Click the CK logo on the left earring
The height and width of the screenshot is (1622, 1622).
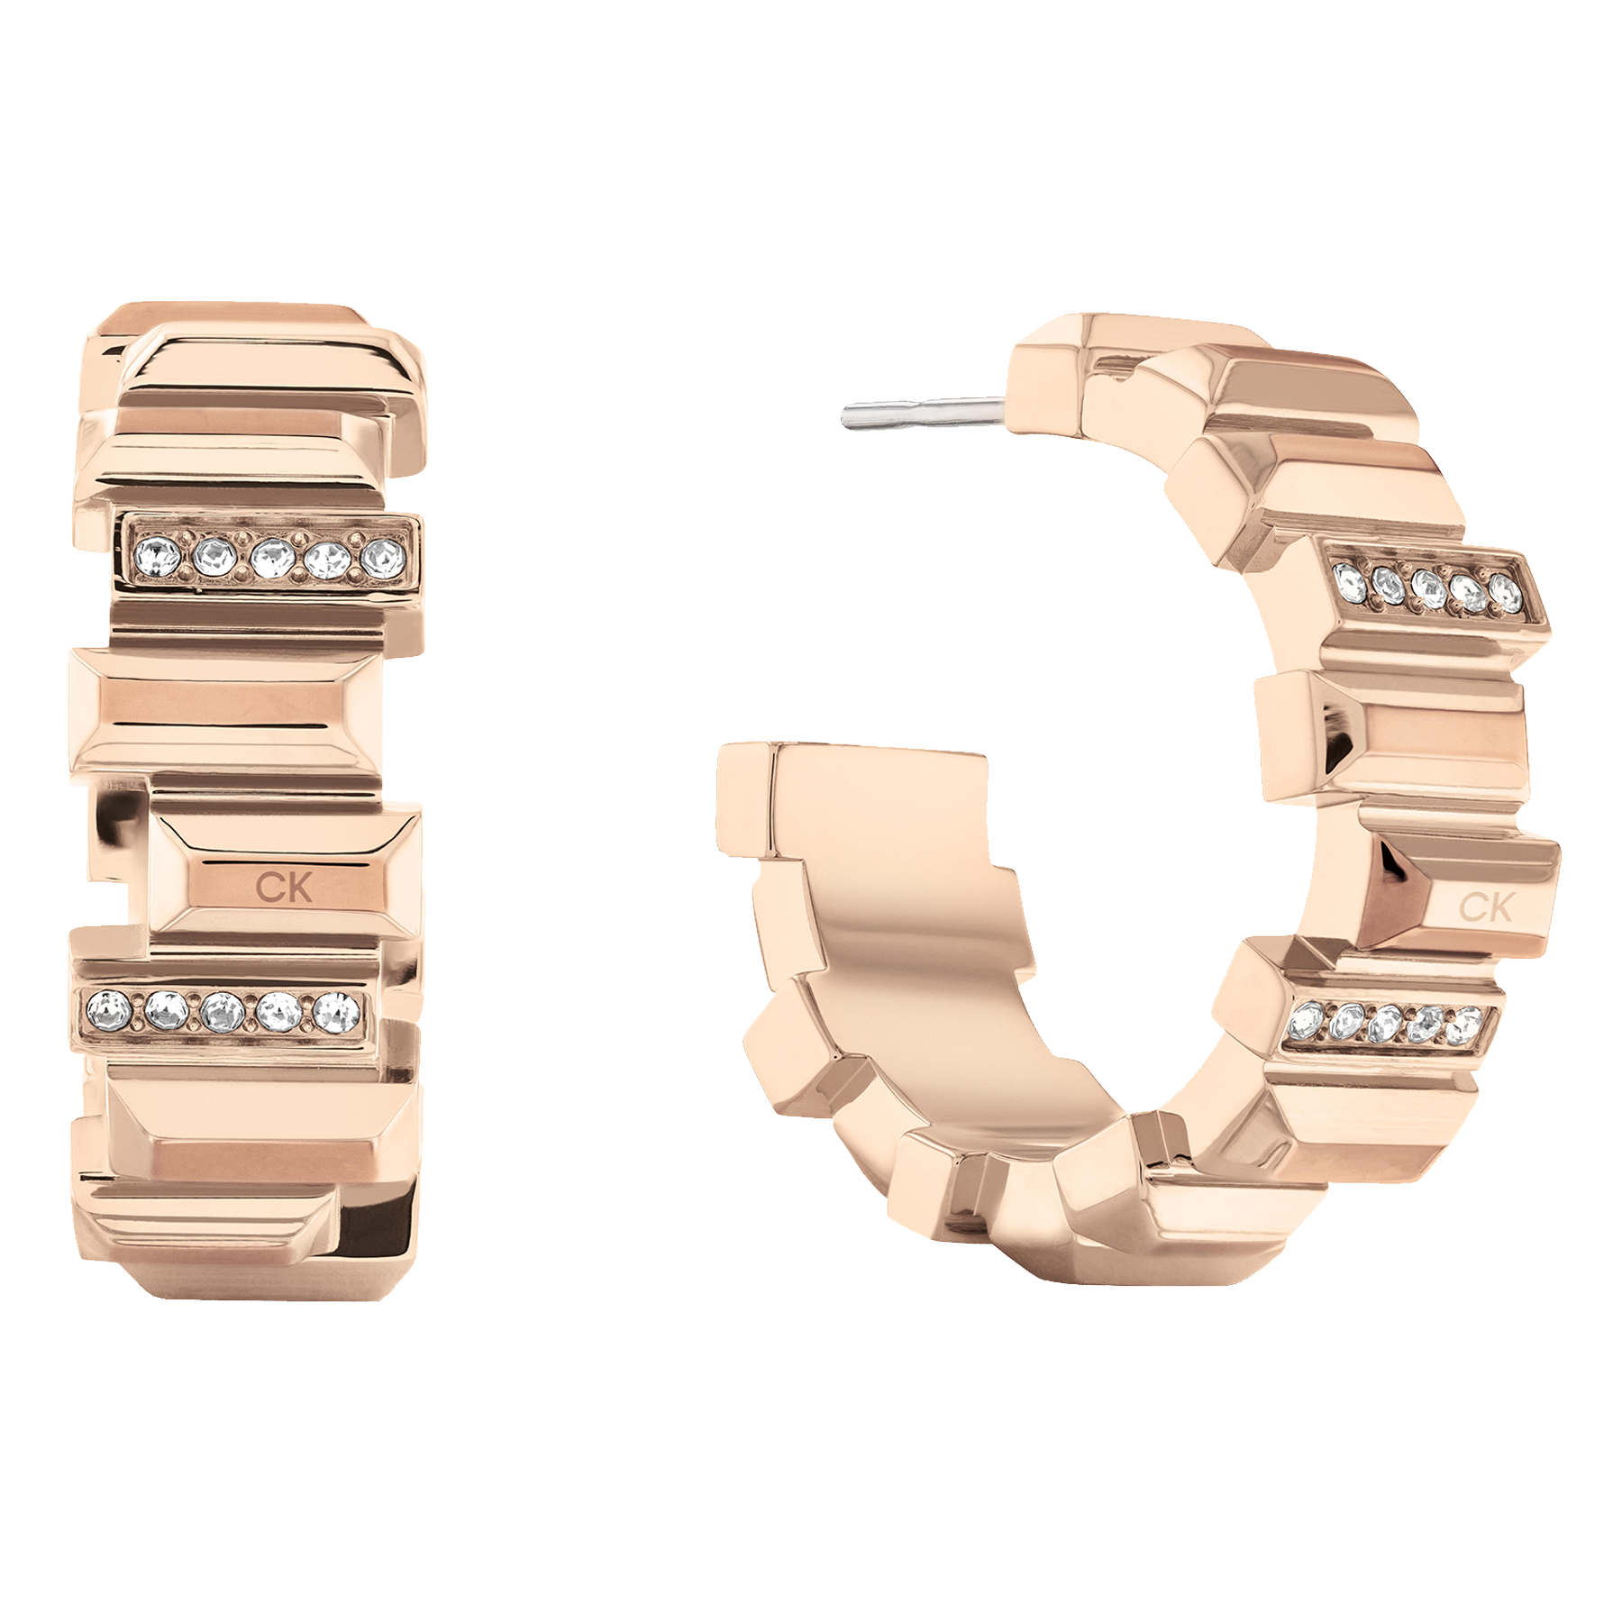coord(284,887)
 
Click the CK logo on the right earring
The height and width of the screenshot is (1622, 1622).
coord(1485,907)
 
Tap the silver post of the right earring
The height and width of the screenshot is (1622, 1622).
coord(925,411)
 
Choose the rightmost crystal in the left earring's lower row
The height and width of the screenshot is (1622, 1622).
coord(337,1012)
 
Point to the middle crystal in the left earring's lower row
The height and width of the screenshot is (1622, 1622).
coord(223,1011)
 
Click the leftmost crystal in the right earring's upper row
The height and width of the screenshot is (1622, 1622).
coord(1349,578)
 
